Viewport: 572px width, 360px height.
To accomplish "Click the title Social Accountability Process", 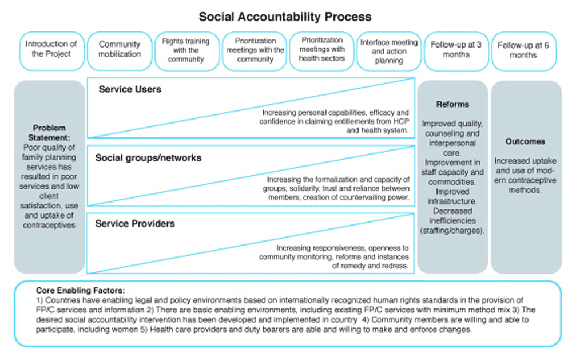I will click(x=285, y=17).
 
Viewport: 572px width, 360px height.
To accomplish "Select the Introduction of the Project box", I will click(x=51, y=49).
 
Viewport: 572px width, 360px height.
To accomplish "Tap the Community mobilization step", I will click(x=120, y=49).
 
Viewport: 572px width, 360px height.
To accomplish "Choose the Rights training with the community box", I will click(x=186, y=50).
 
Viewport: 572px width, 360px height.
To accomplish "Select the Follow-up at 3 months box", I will click(x=456, y=50).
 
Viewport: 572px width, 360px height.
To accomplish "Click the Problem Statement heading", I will click(x=49, y=132).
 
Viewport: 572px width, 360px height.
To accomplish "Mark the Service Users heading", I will click(x=130, y=89).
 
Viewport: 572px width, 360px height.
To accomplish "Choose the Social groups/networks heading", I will click(x=148, y=157).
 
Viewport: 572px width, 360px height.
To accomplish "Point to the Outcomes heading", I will click(x=525, y=141).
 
